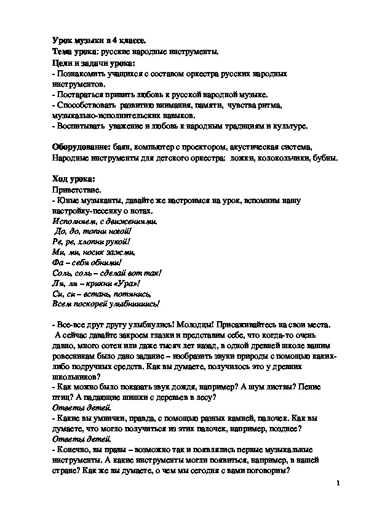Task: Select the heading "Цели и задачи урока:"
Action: (94, 63)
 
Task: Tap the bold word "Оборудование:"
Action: (81, 148)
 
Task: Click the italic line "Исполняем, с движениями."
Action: (97, 222)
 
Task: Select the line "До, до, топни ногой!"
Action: (93, 233)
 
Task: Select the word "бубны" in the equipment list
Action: (326, 158)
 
